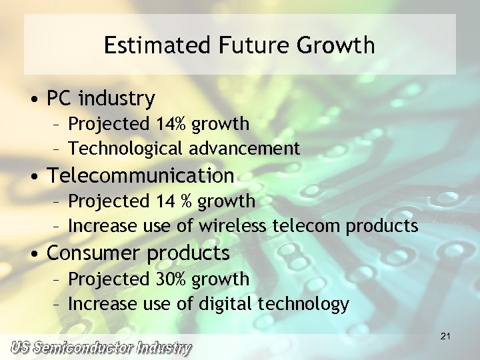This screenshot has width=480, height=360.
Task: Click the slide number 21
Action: (445, 337)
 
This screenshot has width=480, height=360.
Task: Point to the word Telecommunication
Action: (141, 176)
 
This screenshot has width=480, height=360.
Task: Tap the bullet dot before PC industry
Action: (33, 100)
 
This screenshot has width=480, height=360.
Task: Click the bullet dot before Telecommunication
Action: (33, 177)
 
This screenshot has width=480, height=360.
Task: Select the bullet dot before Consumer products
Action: (33, 255)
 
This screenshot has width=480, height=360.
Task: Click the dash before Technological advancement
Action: (58, 149)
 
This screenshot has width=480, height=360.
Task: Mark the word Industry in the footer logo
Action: (165, 347)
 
